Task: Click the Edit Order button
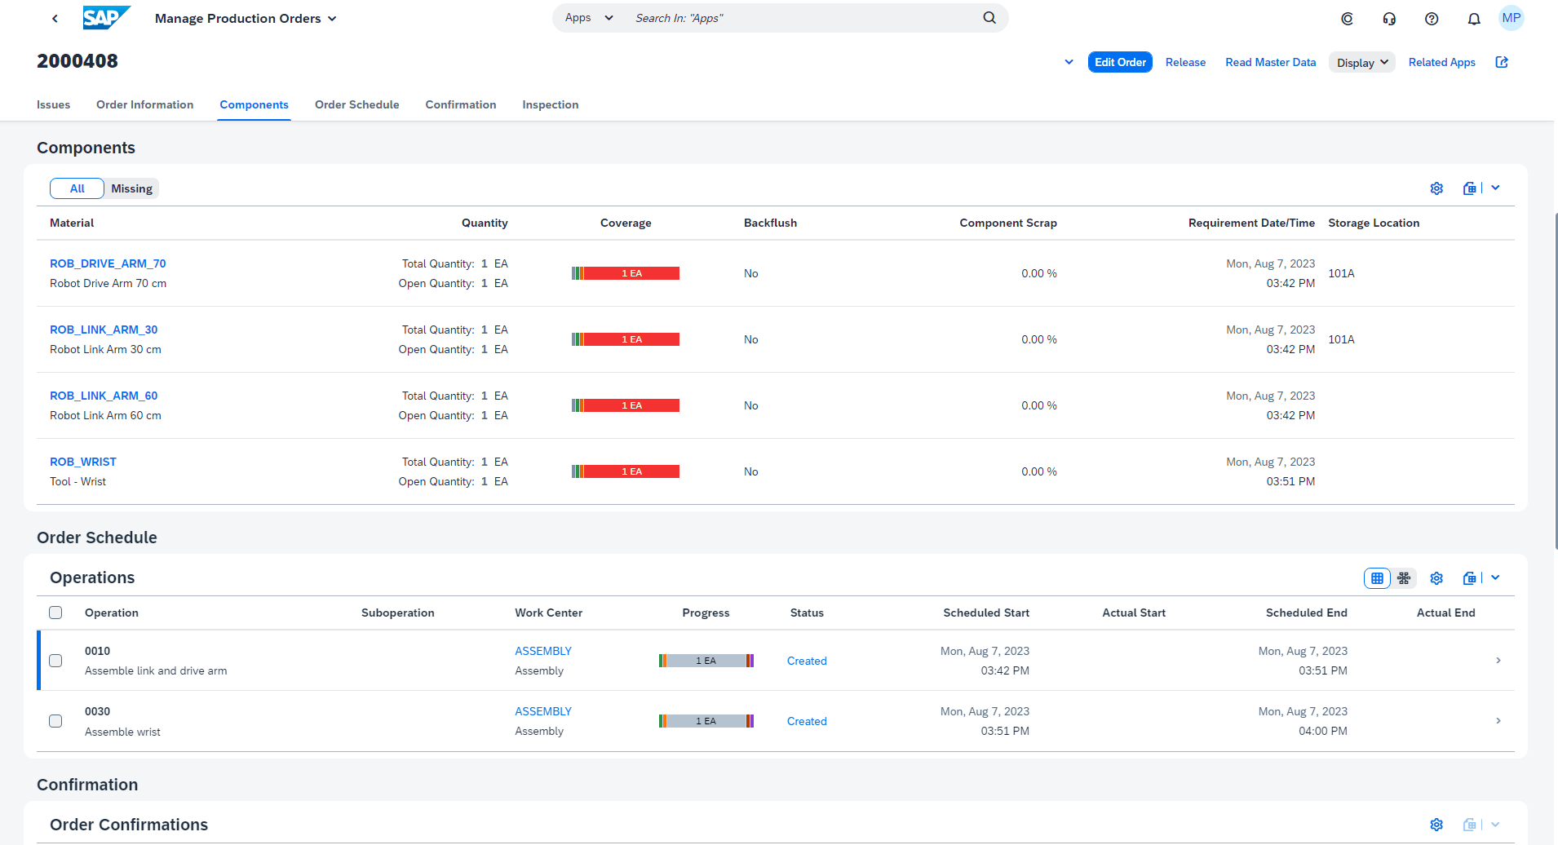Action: (x=1119, y=62)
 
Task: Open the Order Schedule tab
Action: (x=356, y=104)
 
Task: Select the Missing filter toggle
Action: (x=131, y=188)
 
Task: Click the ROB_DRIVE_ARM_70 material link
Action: (x=108, y=263)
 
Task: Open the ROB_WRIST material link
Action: (x=83, y=462)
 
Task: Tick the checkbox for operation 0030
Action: (x=55, y=721)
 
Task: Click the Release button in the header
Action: (x=1185, y=62)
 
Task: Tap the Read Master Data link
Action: (x=1270, y=62)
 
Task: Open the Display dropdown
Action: (x=1361, y=63)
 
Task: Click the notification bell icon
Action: (x=1473, y=19)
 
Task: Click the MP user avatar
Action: (x=1511, y=18)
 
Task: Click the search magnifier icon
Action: (x=989, y=18)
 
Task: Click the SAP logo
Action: (x=105, y=18)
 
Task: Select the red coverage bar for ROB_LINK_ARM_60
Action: (x=631, y=405)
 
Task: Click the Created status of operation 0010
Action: (x=806, y=661)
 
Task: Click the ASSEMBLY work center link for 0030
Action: (x=543, y=711)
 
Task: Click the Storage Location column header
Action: (x=1373, y=223)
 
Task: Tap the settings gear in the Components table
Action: (x=1436, y=188)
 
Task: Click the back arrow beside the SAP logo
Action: (x=55, y=18)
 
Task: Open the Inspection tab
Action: (x=550, y=104)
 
